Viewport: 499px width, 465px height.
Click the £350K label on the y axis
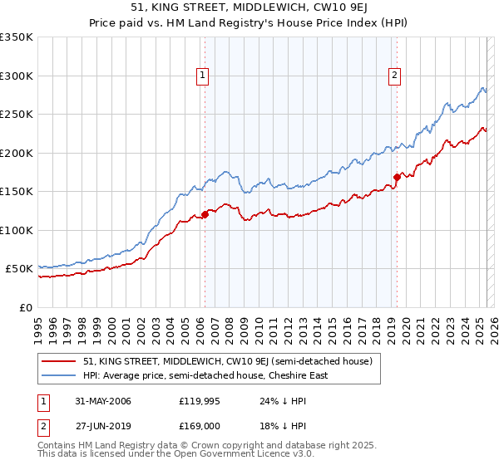coord(17,37)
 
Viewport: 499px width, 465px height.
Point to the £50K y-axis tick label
coord(19,269)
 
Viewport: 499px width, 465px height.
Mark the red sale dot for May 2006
coord(205,215)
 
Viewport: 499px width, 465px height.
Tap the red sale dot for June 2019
coord(397,177)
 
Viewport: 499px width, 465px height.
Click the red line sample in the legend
coord(59,361)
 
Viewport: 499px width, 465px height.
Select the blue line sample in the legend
coord(59,375)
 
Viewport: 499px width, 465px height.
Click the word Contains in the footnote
coord(57,445)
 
